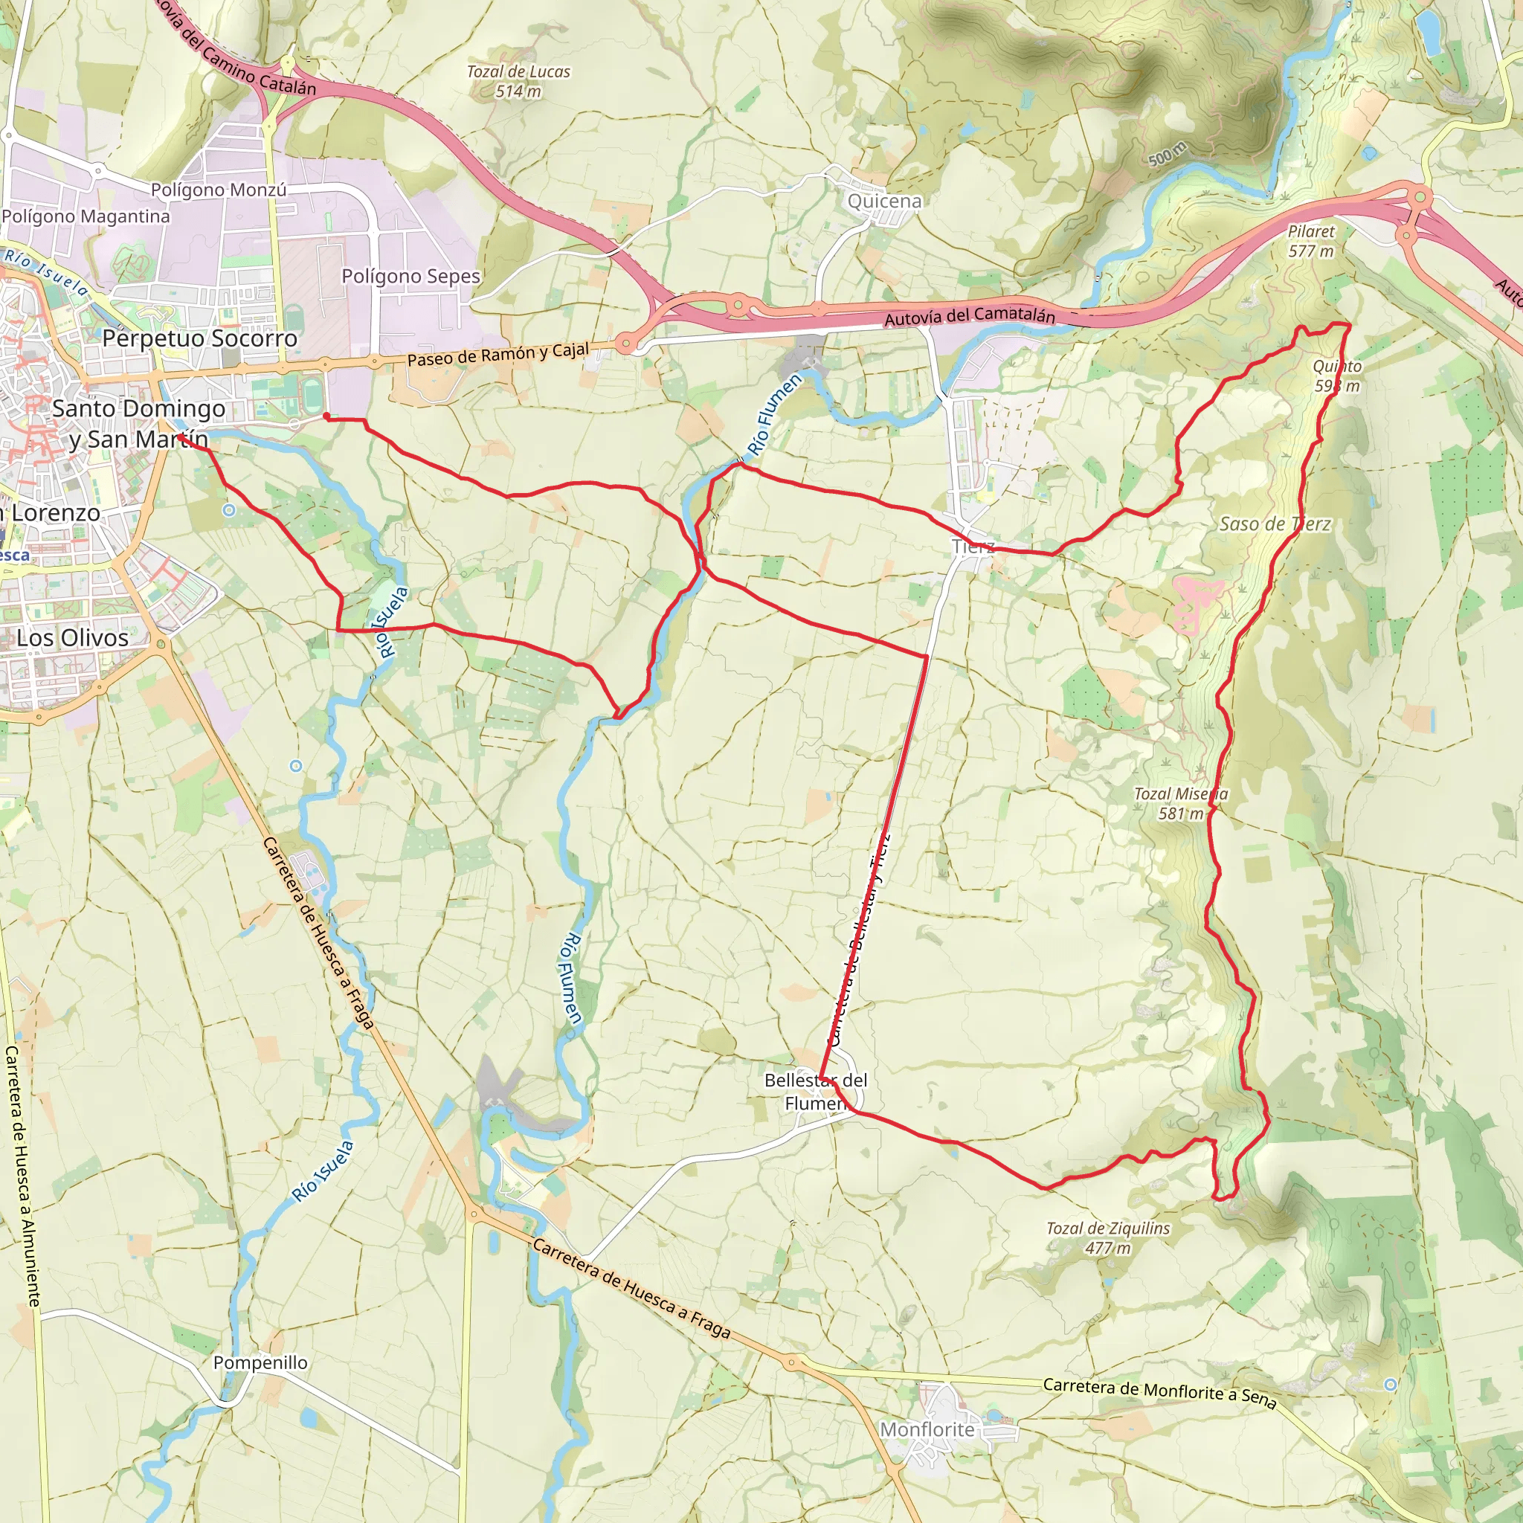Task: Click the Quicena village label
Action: pyautogui.click(x=883, y=201)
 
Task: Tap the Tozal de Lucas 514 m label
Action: pyautogui.click(x=518, y=81)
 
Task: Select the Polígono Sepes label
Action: pyautogui.click(x=410, y=276)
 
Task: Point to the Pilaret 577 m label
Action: pyautogui.click(x=1311, y=241)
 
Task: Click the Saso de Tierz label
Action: pyautogui.click(x=1275, y=524)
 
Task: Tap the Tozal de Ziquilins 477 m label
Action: pyautogui.click(x=1107, y=1237)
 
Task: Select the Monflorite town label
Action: pyautogui.click(x=927, y=1429)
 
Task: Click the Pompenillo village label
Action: pyautogui.click(x=260, y=1362)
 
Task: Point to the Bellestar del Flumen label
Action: pyautogui.click(x=815, y=1091)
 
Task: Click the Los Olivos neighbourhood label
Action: pyautogui.click(x=73, y=638)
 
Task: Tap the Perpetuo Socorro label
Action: pyautogui.click(x=200, y=338)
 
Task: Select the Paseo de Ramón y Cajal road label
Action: pyautogui.click(x=498, y=355)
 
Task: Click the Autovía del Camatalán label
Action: pyautogui.click(x=970, y=316)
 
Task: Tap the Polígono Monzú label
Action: pyautogui.click(x=219, y=190)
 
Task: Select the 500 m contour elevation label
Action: pyautogui.click(x=1168, y=155)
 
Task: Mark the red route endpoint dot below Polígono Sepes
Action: pyautogui.click(x=326, y=416)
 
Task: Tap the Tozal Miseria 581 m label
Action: pyautogui.click(x=1180, y=803)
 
